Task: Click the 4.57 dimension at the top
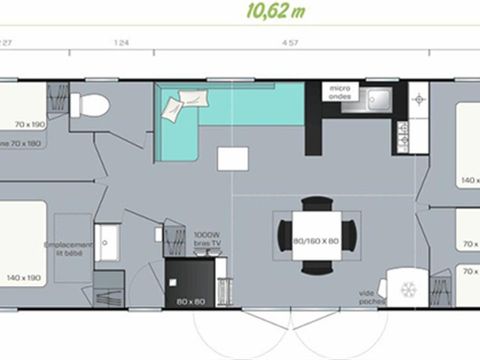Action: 292,43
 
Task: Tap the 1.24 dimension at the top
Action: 123,43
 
